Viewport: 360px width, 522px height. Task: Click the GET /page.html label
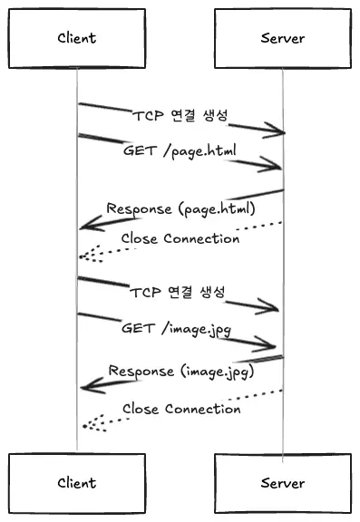[x=173, y=150]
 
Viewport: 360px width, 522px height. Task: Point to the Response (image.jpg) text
[x=180, y=371]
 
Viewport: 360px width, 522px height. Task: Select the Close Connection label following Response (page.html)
[x=180, y=239]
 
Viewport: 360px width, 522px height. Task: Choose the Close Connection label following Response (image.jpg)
[x=181, y=409]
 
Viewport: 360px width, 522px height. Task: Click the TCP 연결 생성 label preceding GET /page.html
[x=180, y=117]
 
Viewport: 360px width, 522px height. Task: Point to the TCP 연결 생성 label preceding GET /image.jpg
[x=177, y=293]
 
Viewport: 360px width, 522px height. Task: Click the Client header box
[x=76, y=38]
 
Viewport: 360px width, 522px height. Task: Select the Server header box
[x=282, y=38]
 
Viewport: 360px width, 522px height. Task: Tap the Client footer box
[x=76, y=483]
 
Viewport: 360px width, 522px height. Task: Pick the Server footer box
[x=282, y=483]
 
